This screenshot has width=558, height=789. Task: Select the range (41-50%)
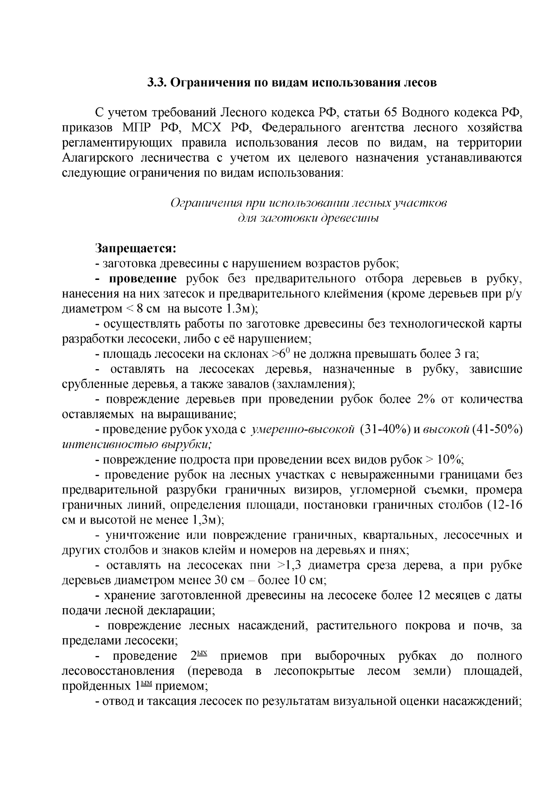(497, 430)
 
